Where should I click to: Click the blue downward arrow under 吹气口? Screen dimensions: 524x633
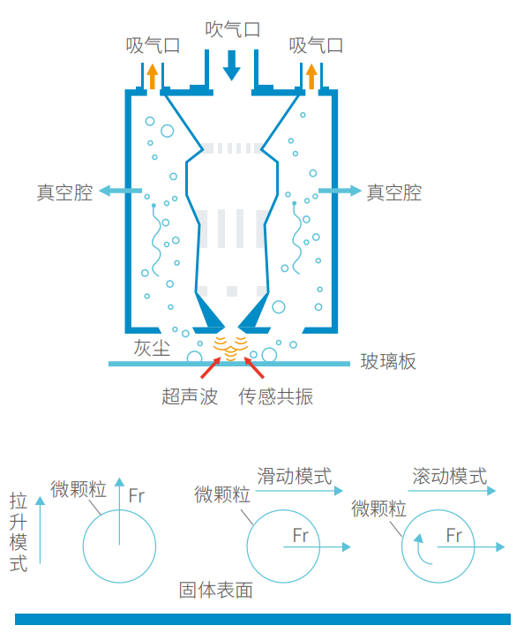pos(231,65)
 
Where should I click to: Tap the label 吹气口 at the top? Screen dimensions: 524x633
pos(232,29)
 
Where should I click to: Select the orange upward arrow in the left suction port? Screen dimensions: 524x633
pos(152,76)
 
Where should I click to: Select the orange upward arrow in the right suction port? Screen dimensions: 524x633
pos(311,76)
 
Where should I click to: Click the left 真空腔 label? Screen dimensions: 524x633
pos(65,192)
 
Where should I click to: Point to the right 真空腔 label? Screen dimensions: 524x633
pos(394,192)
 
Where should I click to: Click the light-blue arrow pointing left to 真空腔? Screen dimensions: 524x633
pos(121,191)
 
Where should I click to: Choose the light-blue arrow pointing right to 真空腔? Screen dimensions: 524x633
pos(340,191)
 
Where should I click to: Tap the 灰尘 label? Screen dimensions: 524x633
pos(152,348)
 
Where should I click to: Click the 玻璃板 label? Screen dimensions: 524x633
pos(388,361)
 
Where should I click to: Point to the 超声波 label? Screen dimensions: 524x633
pos(190,396)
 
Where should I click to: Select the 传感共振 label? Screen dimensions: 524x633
pos(275,396)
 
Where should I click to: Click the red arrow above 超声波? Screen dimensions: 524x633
pos(211,368)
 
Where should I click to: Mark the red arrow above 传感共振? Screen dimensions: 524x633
pos(254,368)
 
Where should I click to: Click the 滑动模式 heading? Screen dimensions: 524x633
pos(295,476)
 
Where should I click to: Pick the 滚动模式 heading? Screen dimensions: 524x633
pos(450,476)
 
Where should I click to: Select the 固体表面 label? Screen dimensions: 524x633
pos(216,590)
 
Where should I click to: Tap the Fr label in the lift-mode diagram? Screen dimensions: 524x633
pos(137,496)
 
